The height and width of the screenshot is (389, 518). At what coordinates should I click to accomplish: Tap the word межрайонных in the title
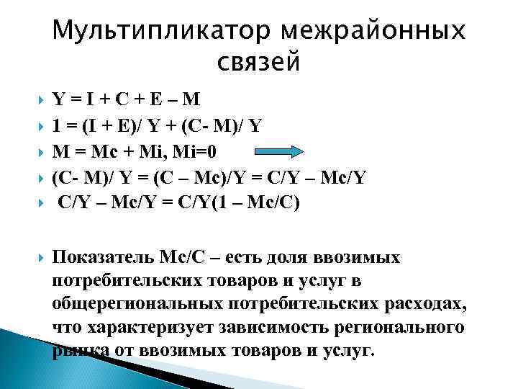pos(374,31)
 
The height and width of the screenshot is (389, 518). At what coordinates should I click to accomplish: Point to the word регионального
pos(399,327)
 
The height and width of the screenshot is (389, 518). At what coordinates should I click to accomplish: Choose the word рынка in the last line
pos(78,351)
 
